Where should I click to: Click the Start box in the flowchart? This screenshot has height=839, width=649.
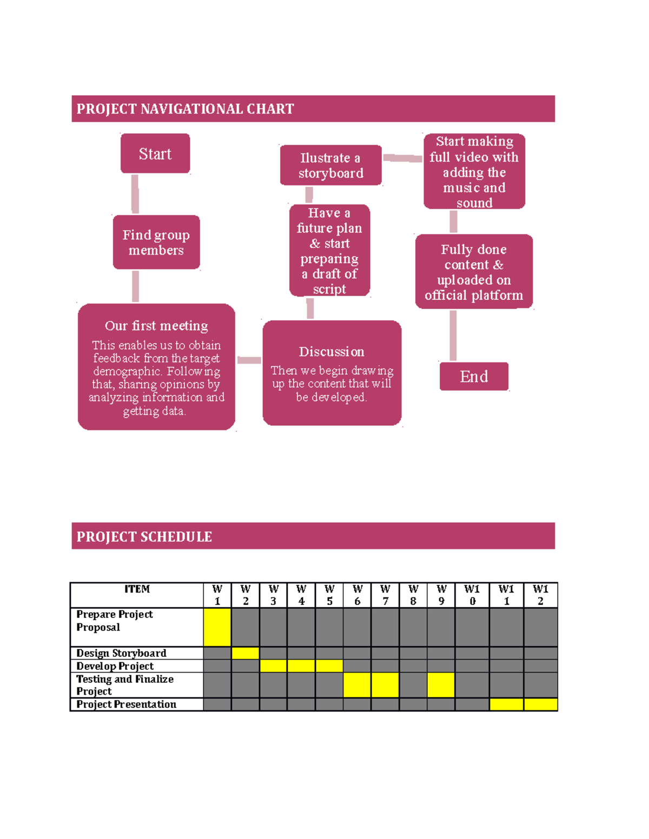click(x=155, y=154)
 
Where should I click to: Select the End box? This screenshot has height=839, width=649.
click(x=474, y=377)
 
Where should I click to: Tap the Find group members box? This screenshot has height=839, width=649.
click(x=156, y=243)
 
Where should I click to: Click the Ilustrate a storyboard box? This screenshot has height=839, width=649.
click(x=330, y=165)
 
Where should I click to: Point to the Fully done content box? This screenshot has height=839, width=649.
click(x=474, y=272)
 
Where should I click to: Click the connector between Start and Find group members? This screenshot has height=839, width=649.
click(x=135, y=194)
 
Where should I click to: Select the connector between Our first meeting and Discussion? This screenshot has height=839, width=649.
click(x=249, y=360)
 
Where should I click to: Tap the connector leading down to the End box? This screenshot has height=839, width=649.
click(x=453, y=335)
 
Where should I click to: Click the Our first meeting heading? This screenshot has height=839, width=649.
click(x=156, y=326)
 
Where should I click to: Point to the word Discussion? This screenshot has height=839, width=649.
click(x=332, y=352)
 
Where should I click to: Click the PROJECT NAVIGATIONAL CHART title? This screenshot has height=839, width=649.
click(x=186, y=109)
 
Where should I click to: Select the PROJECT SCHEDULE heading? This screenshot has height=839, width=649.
click(x=144, y=536)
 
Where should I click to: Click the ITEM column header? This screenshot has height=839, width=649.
click(x=137, y=589)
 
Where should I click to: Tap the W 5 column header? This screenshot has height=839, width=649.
click(x=329, y=595)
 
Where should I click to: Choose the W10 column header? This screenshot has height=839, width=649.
click(x=472, y=595)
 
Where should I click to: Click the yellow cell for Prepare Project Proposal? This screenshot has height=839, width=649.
click(x=217, y=627)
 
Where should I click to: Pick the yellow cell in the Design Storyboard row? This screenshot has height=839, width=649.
click(x=246, y=653)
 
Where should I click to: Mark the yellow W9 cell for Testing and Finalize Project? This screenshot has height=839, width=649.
click(x=441, y=685)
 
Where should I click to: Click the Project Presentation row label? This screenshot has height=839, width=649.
click(x=127, y=704)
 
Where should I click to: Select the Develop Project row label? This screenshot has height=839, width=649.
click(x=115, y=666)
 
